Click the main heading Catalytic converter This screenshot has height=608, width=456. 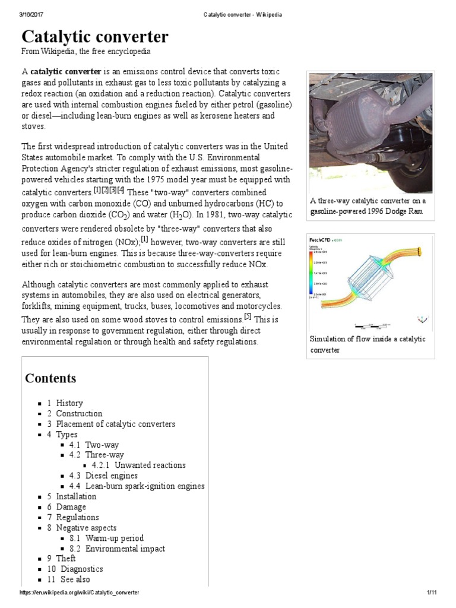point(95,37)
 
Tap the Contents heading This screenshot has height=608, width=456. point(50,378)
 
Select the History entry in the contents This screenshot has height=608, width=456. point(69,403)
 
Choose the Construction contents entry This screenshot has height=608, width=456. point(79,414)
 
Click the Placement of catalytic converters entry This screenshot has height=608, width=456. point(115,424)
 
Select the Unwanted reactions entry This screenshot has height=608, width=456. point(150,465)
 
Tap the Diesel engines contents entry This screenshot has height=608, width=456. point(111,476)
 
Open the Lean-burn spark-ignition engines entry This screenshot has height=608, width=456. point(145,486)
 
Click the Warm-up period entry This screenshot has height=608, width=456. point(115,539)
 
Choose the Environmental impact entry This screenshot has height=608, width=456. point(125,549)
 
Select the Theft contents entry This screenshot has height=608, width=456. point(65,559)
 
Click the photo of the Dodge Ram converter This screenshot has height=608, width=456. point(370,132)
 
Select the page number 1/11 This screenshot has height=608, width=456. point(431,593)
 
